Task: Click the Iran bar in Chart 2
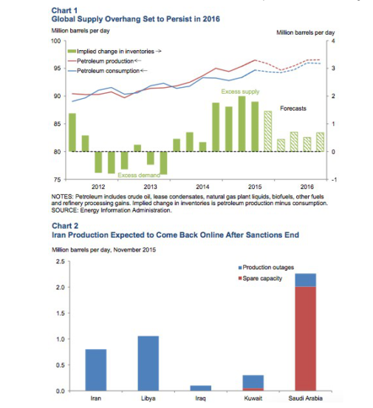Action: [x=95, y=370]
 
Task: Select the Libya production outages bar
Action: [x=148, y=363]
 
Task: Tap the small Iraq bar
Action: [x=201, y=388]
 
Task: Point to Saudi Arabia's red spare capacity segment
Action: [x=306, y=339]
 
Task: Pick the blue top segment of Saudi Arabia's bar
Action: [x=306, y=280]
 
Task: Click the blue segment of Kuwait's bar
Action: [x=253, y=381]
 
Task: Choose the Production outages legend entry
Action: [x=266, y=268]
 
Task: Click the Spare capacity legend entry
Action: [x=260, y=278]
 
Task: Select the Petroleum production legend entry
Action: [x=104, y=61]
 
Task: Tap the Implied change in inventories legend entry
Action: [x=114, y=52]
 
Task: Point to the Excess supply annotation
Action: [x=240, y=91]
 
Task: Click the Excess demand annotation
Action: [x=139, y=175]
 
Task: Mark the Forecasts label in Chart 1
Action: [x=293, y=108]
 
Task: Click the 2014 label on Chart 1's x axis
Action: [x=202, y=187]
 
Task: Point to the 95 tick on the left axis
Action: [x=57, y=69]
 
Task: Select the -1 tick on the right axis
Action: [x=334, y=179]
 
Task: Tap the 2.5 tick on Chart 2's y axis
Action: [x=60, y=261]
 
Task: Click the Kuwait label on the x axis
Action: [x=253, y=398]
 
